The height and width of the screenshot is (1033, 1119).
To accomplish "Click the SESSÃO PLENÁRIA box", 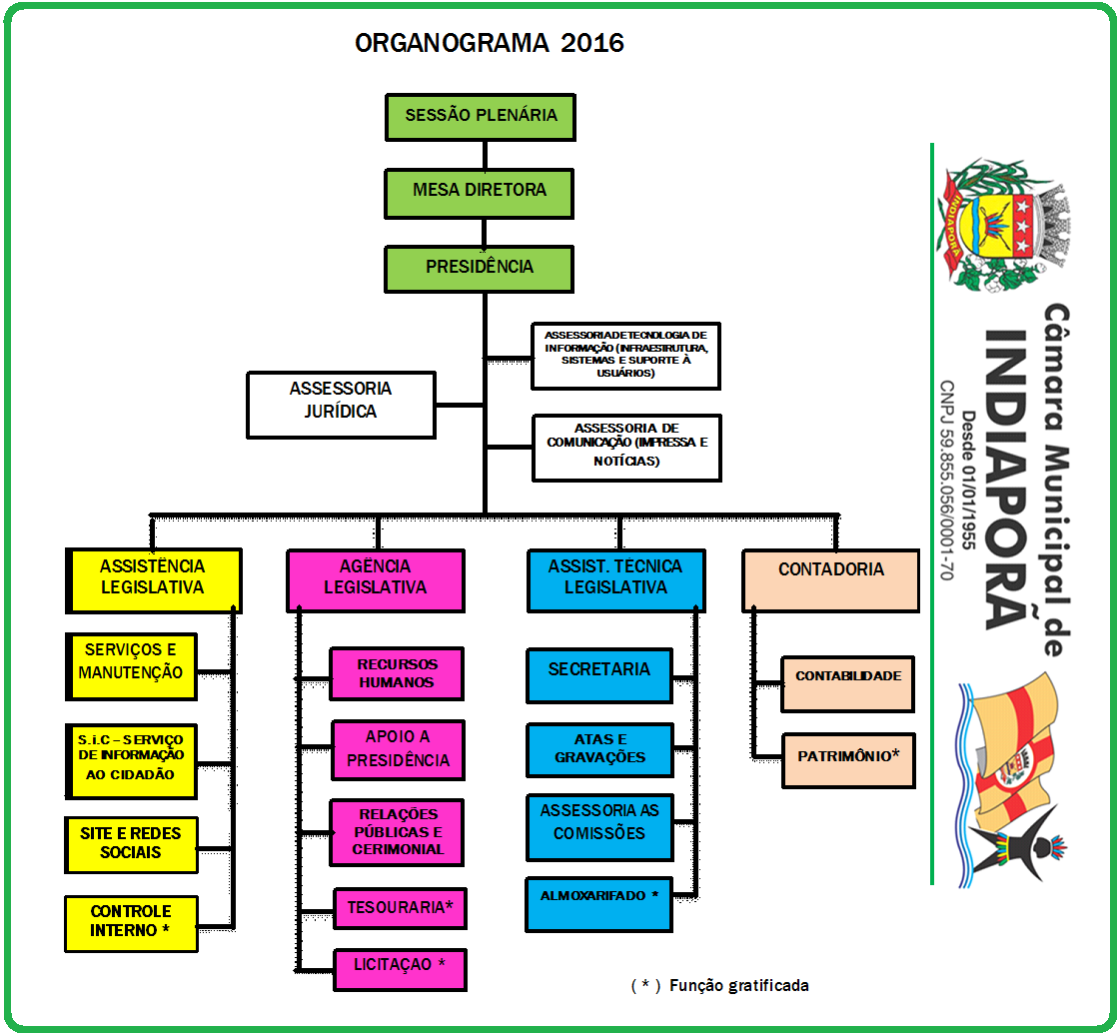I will coord(480,116).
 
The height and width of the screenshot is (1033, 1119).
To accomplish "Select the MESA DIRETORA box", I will coord(480,191).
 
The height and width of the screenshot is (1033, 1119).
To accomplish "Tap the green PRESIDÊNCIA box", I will coord(480,267).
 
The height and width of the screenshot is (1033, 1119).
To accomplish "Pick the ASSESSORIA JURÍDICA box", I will coord(341,404).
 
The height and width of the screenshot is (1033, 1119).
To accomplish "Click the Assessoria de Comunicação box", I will coord(625,446).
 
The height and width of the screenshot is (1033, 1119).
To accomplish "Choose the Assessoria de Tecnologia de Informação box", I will coord(625,356).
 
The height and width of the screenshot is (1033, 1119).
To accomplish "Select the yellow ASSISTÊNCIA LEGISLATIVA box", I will coord(153,578).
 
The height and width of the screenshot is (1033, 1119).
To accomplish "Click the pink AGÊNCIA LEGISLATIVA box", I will coord(375,578).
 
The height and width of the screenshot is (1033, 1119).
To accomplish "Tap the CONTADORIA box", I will coord(830,578).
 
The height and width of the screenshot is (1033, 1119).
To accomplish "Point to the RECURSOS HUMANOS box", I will coord(398,673).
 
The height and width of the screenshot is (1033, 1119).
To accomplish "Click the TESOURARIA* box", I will coord(400,908).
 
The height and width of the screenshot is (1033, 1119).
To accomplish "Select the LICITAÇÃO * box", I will coord(400,967).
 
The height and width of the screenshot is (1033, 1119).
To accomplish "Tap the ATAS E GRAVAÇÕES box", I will coord(599,748).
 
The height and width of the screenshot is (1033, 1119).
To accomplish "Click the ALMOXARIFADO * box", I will coord(599,903).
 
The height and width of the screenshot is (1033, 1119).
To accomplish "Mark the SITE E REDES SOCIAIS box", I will coord(131,844).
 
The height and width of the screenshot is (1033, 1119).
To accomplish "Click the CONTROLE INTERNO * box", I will coord(131,922).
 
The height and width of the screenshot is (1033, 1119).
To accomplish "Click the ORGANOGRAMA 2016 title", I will coord(490,44).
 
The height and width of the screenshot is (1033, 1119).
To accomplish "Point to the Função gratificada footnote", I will coord(720,986).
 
